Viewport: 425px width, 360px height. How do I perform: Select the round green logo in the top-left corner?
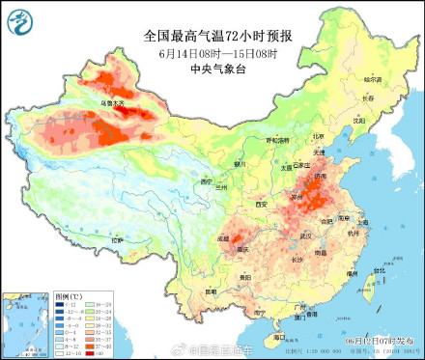click(19, 19)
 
